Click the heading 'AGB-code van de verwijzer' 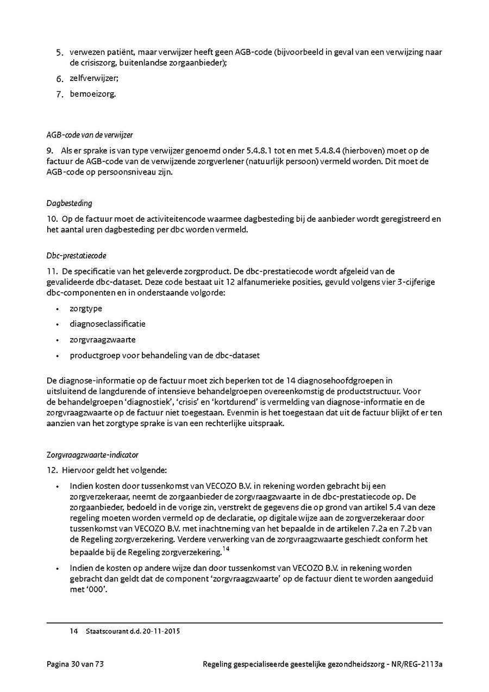90,135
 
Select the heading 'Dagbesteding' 70,203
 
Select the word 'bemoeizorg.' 93,93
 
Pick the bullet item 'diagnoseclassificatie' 108,324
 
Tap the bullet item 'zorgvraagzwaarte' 103,340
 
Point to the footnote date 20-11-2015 162,632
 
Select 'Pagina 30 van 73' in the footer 75,664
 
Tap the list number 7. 60,94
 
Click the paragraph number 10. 52,219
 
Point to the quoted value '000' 96,590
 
